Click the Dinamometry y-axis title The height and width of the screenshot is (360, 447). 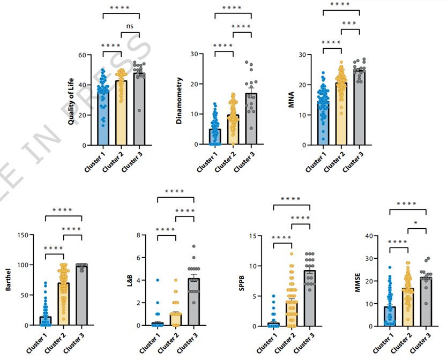tap(180, 100)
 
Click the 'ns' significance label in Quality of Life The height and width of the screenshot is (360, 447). tap(130, 26)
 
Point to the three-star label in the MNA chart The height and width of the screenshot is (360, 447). tap(349, 23)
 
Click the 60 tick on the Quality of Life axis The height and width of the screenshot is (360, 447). tap(81, 55)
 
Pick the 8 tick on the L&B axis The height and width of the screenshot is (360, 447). tap(138, 235)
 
